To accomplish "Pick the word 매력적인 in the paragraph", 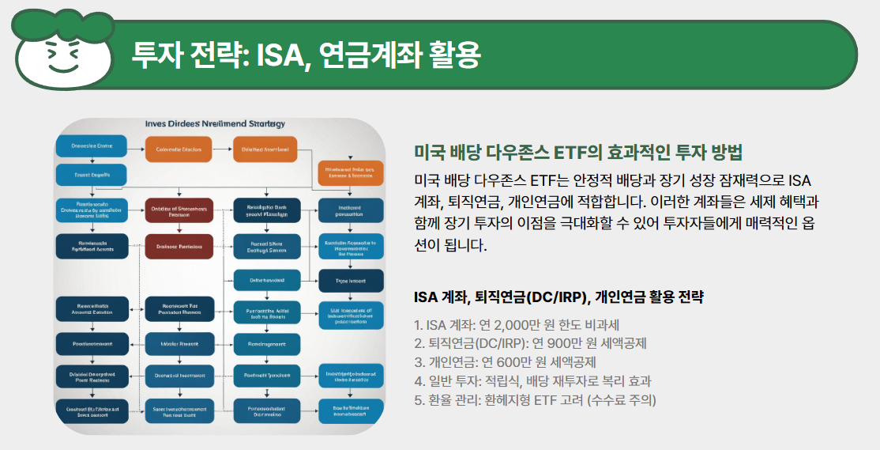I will [754, 223].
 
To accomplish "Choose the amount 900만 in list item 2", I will [551, 343].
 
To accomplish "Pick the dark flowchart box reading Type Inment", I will [351, 281].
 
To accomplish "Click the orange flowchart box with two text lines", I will [350, 172].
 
